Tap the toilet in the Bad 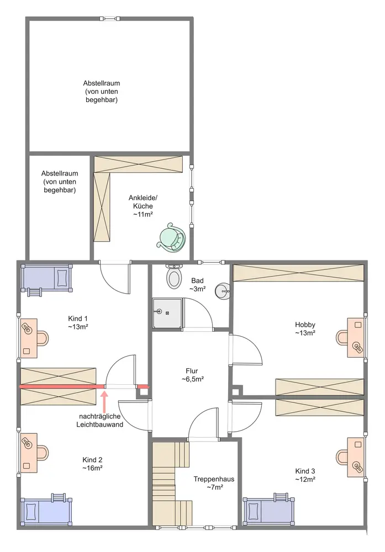(173, 277)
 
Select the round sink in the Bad (223, 291)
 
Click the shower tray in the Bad (167, 313)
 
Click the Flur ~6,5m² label (192, 375)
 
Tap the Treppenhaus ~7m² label (214, 483)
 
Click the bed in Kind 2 (46, 509)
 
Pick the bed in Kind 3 (269, 509)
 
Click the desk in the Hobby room (355, 338)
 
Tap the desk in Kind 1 (29, 338)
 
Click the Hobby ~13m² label (305, 328)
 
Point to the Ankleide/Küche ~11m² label (143, 206)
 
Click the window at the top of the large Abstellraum (110, 18)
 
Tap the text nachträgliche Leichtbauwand (99, 420)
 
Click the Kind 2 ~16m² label (92, 464)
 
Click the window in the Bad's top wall (211, 262)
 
